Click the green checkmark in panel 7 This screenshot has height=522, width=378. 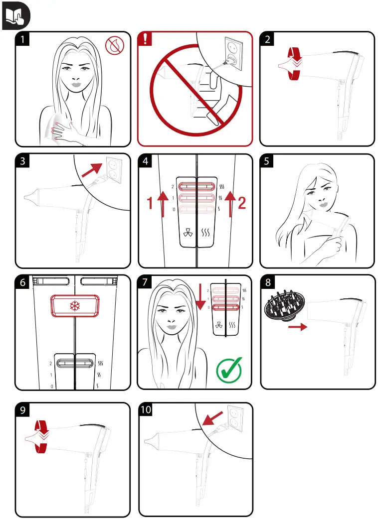pos(229,370)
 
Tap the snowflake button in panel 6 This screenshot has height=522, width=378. pos(74,306)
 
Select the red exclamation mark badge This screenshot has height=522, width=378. pos(145,39)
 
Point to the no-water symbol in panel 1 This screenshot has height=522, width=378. pos(115,46)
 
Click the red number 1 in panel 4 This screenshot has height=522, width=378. pos(150,203)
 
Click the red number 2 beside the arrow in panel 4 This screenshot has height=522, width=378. pos(242,203)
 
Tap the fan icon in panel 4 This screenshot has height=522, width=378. pos(188,233)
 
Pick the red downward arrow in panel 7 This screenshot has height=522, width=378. pos(200,296)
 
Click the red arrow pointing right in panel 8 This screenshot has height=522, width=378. pos(298,327)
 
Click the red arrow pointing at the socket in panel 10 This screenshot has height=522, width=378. pos(212,418)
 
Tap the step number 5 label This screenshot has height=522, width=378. pos(266,161)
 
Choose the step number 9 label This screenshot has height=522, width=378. pos(22,409)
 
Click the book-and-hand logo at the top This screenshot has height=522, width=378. pos(15,15)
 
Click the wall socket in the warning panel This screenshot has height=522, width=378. pos(233,53)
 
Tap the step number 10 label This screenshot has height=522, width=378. pos(146,409)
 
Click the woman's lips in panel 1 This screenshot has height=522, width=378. pos(76,85)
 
